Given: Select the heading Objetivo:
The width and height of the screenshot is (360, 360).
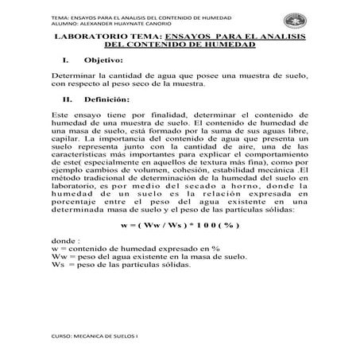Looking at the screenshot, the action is click(x=104, y=60).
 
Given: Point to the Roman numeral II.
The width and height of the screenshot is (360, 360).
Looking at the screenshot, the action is click(x=66, y=100).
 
